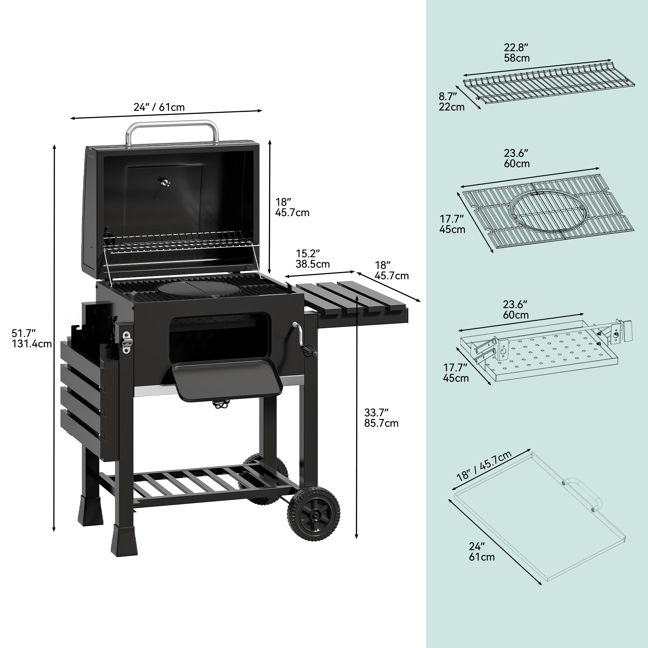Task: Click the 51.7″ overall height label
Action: point(31,339)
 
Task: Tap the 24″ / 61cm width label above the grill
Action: point(159,107)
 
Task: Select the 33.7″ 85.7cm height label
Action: point(381,418)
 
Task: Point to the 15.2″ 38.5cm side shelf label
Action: point(312,259)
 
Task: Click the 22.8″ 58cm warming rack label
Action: point(516,53)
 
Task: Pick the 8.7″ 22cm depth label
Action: point(451,102)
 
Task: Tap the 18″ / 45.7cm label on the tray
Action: point(484,466)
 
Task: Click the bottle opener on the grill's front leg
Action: point(127,342)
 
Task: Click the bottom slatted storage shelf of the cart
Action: point(201,483)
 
